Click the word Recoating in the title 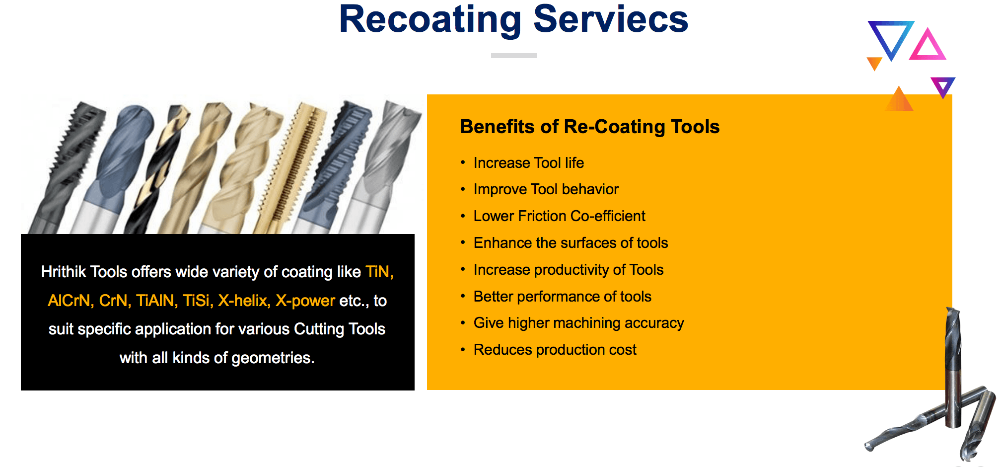(430, 20)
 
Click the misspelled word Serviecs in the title (610, 20)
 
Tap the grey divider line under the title (514, 56)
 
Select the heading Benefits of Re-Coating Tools (589, 127)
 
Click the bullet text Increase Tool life (528, 163)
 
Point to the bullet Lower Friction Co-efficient (559, 216)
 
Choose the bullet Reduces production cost (555, 350)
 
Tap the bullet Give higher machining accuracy (578, 323)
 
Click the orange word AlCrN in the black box (69, 301)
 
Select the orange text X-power (305, 301)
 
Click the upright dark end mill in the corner (953, 368)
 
